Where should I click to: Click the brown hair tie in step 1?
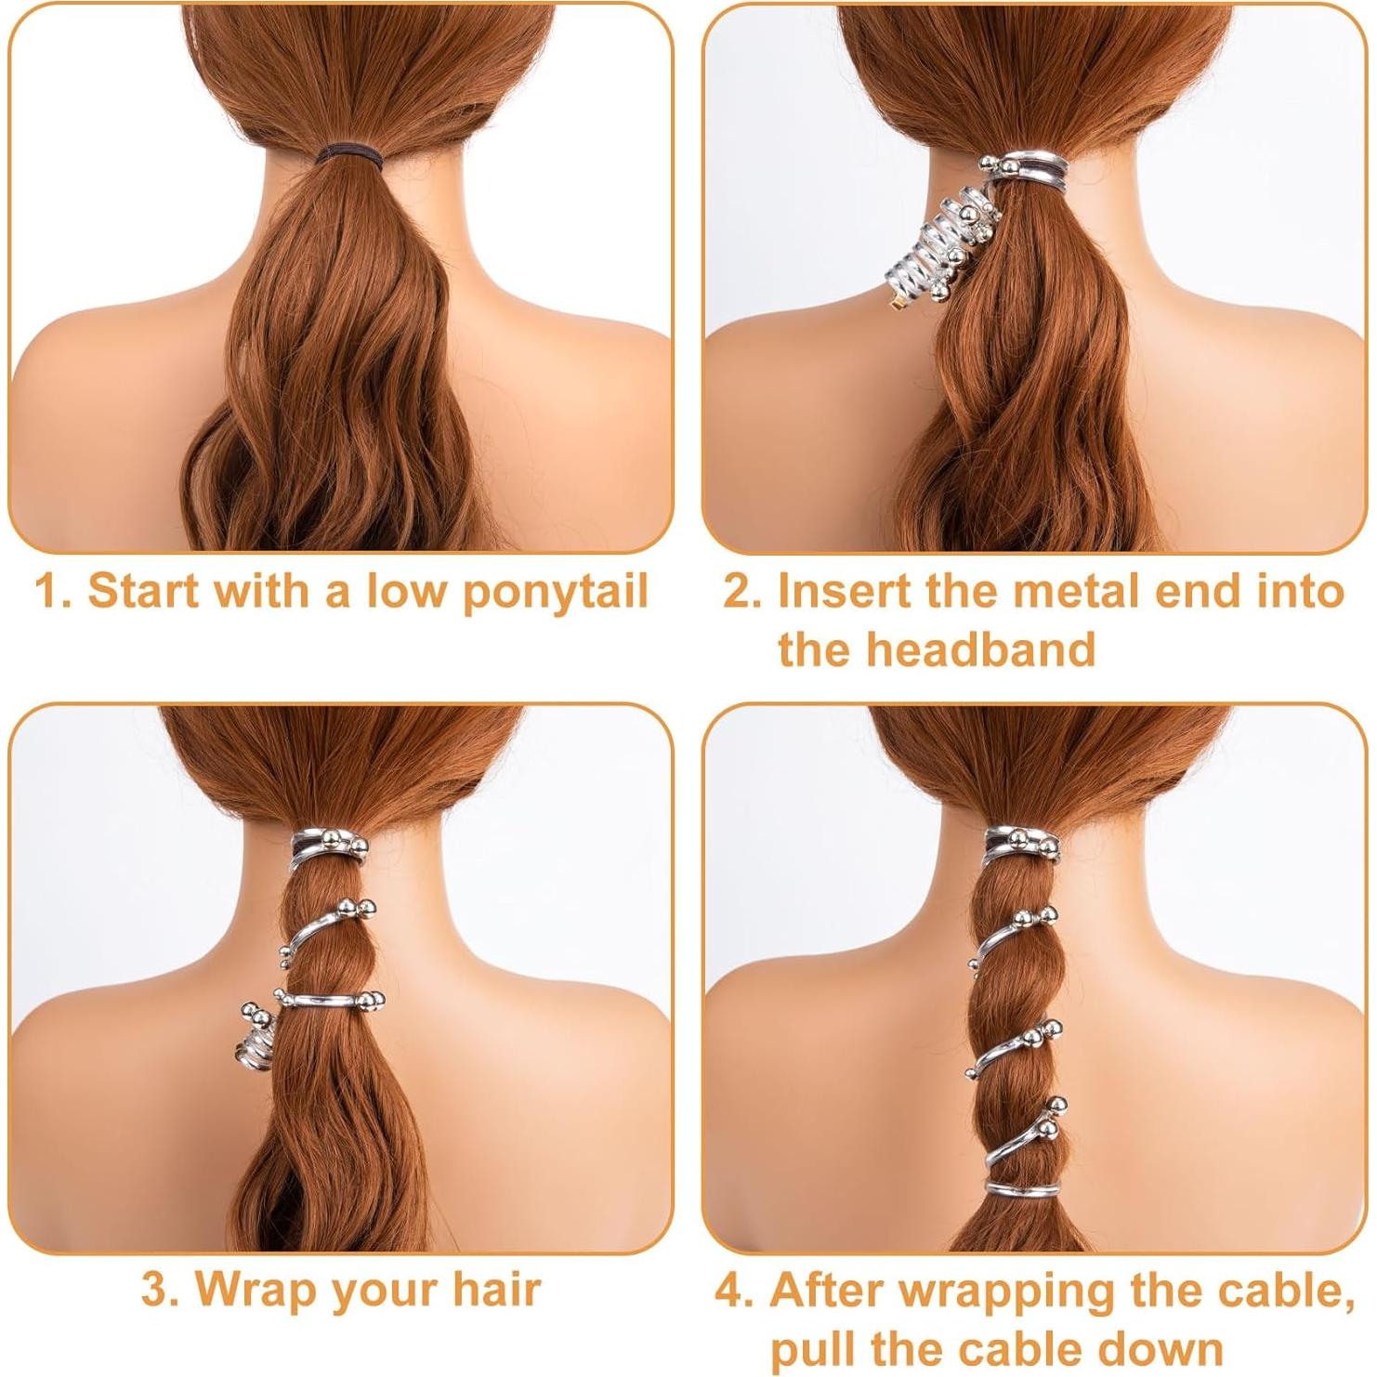(x=352, y=151)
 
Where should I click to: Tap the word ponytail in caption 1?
(x=555, y=592)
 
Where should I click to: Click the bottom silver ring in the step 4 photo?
(x=1022, y=1188)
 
